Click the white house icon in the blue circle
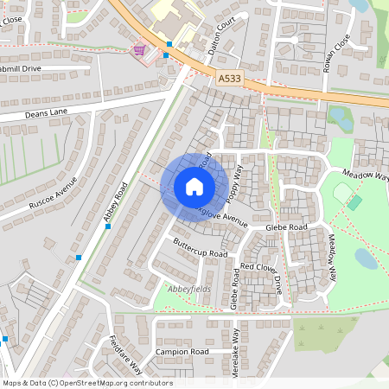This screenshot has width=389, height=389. click(194, 187)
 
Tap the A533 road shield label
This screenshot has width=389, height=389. click(230, 78)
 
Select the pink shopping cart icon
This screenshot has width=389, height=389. click(137, 50)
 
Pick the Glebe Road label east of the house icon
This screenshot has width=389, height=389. click(286, 227)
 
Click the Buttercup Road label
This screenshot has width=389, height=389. click(200, 248)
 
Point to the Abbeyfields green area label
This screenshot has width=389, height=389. click(188, 288)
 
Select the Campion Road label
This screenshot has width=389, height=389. click(182, 352)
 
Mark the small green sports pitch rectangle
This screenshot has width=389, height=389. click(355, 202)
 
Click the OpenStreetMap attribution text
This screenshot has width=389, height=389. click(86, 383)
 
